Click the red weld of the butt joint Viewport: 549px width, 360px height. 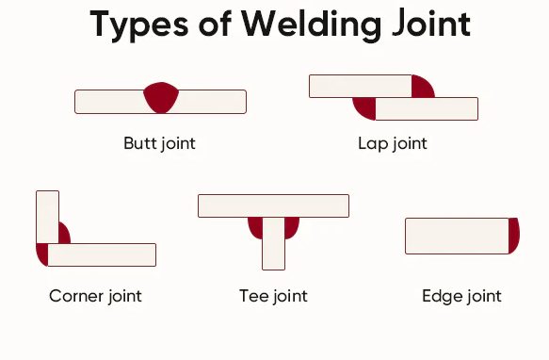coord(161,97)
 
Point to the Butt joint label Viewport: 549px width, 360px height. coord(159,144)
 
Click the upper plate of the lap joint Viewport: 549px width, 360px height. coord(361,86)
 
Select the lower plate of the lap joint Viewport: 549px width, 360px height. coord(427,108)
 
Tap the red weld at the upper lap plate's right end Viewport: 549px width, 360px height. coord(421,87)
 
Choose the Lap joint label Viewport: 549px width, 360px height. coord(393,144)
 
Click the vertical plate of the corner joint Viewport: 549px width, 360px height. coord(47,216)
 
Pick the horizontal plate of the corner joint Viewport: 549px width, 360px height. coord(102,254)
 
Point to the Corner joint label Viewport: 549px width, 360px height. coord(95,296)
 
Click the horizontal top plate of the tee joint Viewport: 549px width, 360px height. coord(273,205)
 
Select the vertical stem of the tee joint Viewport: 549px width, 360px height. coord(273,243)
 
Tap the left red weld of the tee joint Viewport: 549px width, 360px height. coord(255,227)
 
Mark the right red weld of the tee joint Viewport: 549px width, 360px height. coord(291,227)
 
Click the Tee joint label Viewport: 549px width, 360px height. coord(273,296)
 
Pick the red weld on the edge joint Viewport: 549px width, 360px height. coord(514,236)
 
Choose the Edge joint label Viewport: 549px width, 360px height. coord(461,296)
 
